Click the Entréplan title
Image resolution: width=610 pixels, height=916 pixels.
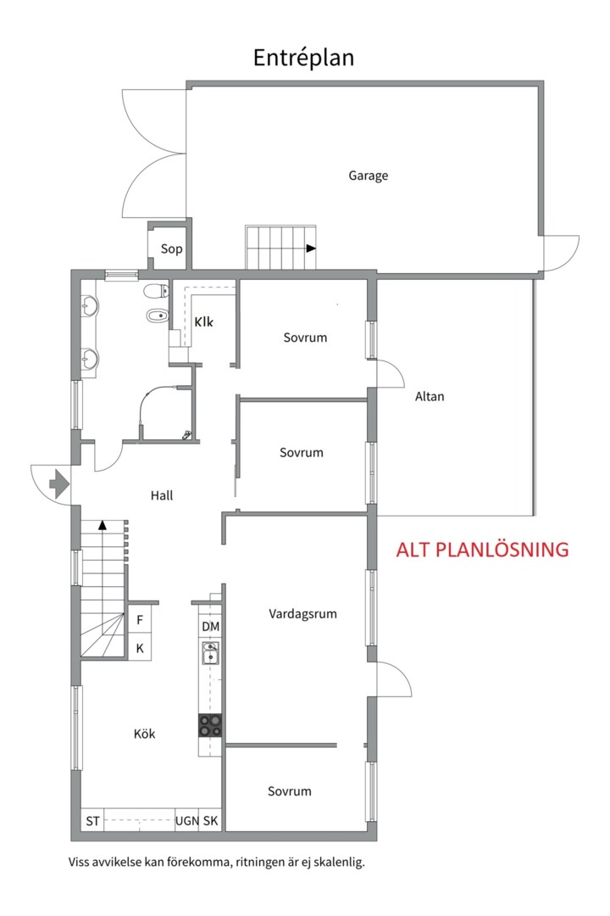click(303, 59)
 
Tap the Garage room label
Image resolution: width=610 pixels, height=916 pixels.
click(369, 176)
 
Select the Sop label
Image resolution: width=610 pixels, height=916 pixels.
click(172, 249)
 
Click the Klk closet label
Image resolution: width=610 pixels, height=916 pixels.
click(203, 322)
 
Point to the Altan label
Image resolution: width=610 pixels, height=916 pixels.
click(430, 397)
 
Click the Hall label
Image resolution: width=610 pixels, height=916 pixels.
click(162, 495)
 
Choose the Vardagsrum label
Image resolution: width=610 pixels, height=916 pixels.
click(303, 614)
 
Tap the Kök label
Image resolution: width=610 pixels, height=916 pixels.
click(144, 734)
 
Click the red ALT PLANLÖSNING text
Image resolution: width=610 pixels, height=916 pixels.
click(482, 550)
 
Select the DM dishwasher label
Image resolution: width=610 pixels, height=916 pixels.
click(211, 627)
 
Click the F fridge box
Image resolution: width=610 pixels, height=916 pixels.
click(140, 620)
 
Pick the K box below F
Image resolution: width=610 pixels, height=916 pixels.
click(140, 649)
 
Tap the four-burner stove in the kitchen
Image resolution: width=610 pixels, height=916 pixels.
click(210, 725)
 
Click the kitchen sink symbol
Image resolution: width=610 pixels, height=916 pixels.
click(210, 653)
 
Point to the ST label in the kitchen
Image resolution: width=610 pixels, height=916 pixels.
click(93, 821)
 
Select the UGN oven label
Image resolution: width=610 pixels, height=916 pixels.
click(186, 821)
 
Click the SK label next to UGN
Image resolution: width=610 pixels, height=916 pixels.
click(211, 821)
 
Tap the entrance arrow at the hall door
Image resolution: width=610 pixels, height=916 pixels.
click(59, 483)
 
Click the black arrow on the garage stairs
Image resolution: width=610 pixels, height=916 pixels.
click(311, 249)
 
